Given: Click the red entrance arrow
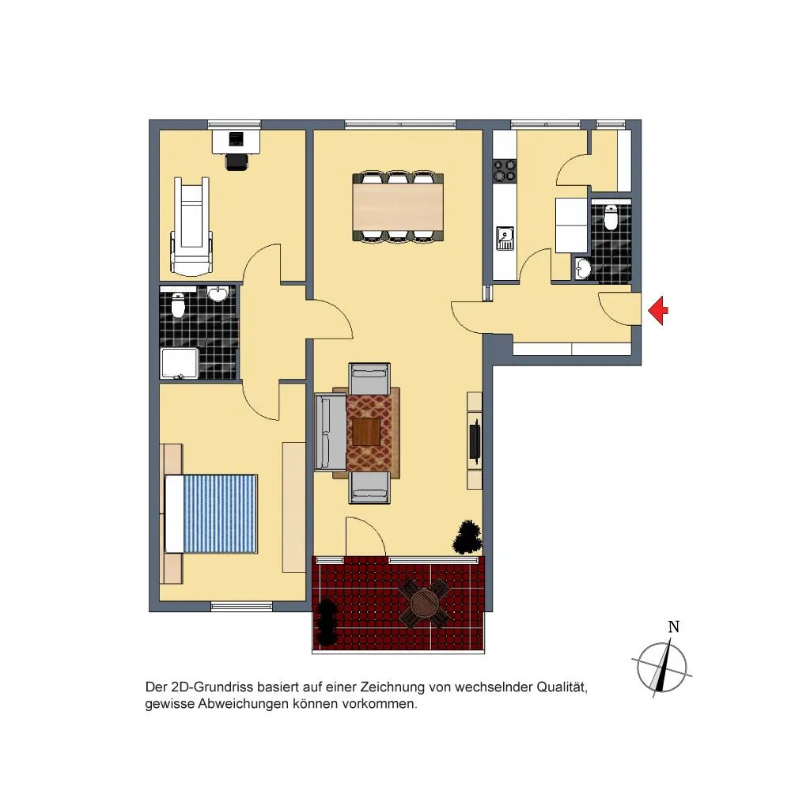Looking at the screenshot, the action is (658, 310).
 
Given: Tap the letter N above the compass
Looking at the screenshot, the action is (673, 626).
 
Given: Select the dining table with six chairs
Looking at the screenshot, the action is (398, 206).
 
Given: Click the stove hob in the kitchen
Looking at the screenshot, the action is (505, 170).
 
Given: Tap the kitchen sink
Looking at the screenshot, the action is (505, 238).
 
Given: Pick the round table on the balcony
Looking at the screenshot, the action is (424, 603).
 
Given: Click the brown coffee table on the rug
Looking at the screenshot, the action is (366, 432).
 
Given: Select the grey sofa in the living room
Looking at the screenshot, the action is (331, 433).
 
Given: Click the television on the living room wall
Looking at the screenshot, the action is (474, 442).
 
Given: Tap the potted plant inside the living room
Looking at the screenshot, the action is (467, 537).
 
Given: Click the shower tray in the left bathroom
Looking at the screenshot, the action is (180, 363).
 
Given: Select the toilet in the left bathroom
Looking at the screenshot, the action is (178, 305).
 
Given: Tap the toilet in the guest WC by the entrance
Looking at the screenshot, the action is (611, 217).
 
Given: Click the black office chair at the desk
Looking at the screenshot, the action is (237, 161).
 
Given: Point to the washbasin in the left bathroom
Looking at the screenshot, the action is (218, 294).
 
